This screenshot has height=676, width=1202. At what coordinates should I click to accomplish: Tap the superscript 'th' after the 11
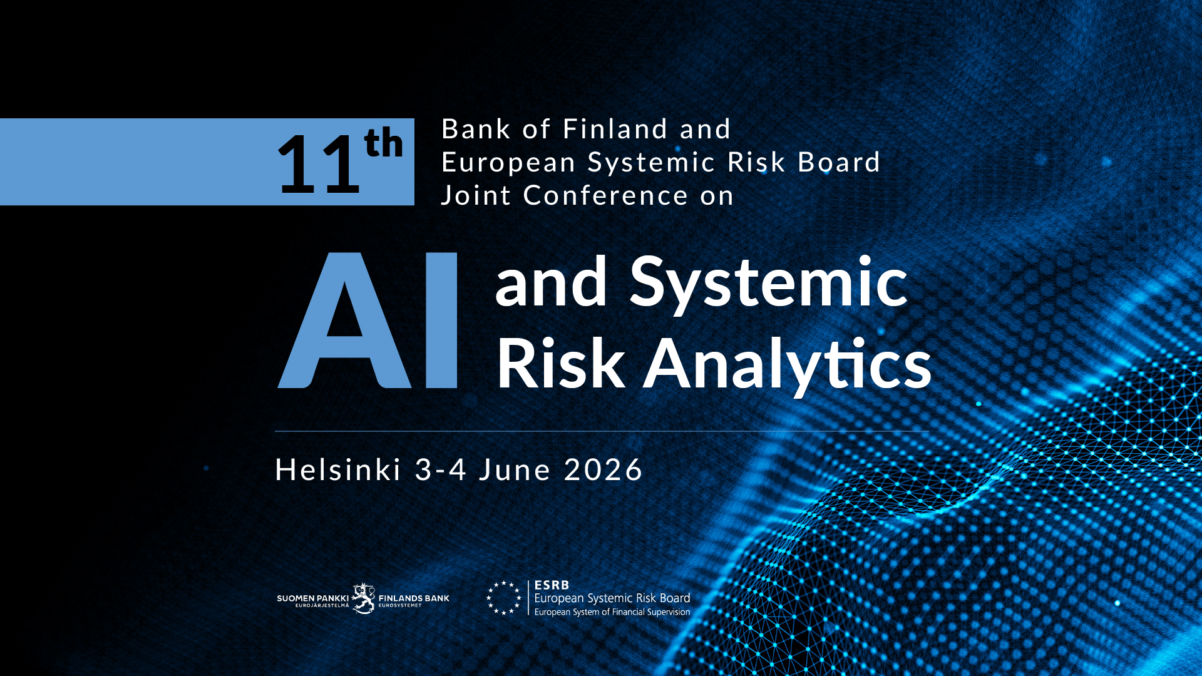click(x=384, y=143)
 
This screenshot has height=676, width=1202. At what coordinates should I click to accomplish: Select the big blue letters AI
click(x=367, y=320)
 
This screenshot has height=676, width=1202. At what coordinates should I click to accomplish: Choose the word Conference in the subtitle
click(x=605, y=196)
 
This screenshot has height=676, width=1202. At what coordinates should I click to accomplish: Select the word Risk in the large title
click(x=561, y=363)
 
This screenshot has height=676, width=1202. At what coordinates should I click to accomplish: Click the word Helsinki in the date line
click(x=338, y=469)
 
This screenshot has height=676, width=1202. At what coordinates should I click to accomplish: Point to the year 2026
click(x=603, y=470)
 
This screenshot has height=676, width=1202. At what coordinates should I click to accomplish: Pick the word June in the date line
click(x=515, y=470)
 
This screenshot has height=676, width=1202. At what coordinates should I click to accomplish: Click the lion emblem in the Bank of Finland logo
click(x=363, y=599)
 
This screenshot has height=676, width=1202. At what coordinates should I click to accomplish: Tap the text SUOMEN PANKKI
click(x=312, y=598)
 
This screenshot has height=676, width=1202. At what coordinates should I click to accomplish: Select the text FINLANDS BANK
click(x=414, y=598)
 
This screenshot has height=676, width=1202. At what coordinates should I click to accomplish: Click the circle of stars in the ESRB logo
click(x=504, y=598)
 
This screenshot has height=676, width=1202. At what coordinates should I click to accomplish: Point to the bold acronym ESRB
click(x=552, y=585)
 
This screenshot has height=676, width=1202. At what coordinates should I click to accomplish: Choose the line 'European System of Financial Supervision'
click(x=612, y=612)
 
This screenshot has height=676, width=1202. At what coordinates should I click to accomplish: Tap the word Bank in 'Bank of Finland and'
click(x=476, y=129)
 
